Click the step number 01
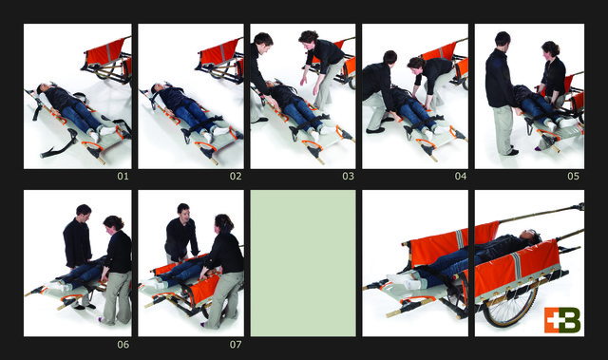click(123, 177)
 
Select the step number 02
click(236, 177)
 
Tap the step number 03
click(349, 177)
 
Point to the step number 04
click(461, 177)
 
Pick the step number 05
click(573, 177)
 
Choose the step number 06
click(123, 345)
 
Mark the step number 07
click(236, 345)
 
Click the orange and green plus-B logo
click(562, 320)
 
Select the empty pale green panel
click(303, 263)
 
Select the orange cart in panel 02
click(221, 60)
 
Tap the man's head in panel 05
click(503, 40)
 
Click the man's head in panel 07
click(183, 212)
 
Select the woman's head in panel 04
click(416, 63)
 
